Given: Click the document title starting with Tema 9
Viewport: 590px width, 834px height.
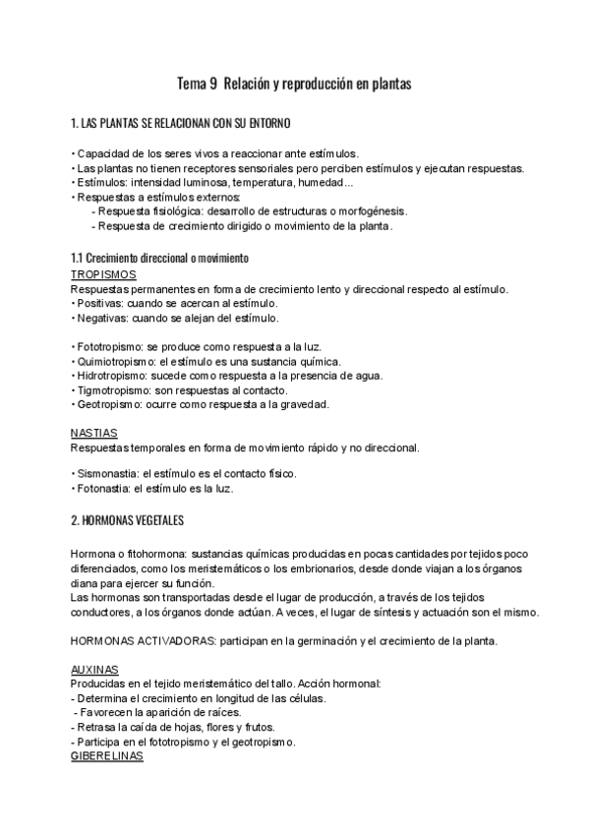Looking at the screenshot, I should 292,85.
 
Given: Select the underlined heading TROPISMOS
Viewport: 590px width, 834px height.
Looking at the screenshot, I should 103,274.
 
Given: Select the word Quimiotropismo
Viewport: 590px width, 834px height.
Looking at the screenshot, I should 116,361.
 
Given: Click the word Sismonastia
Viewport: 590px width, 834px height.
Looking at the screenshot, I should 107,473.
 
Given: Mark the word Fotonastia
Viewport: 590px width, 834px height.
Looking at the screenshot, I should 104,488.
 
